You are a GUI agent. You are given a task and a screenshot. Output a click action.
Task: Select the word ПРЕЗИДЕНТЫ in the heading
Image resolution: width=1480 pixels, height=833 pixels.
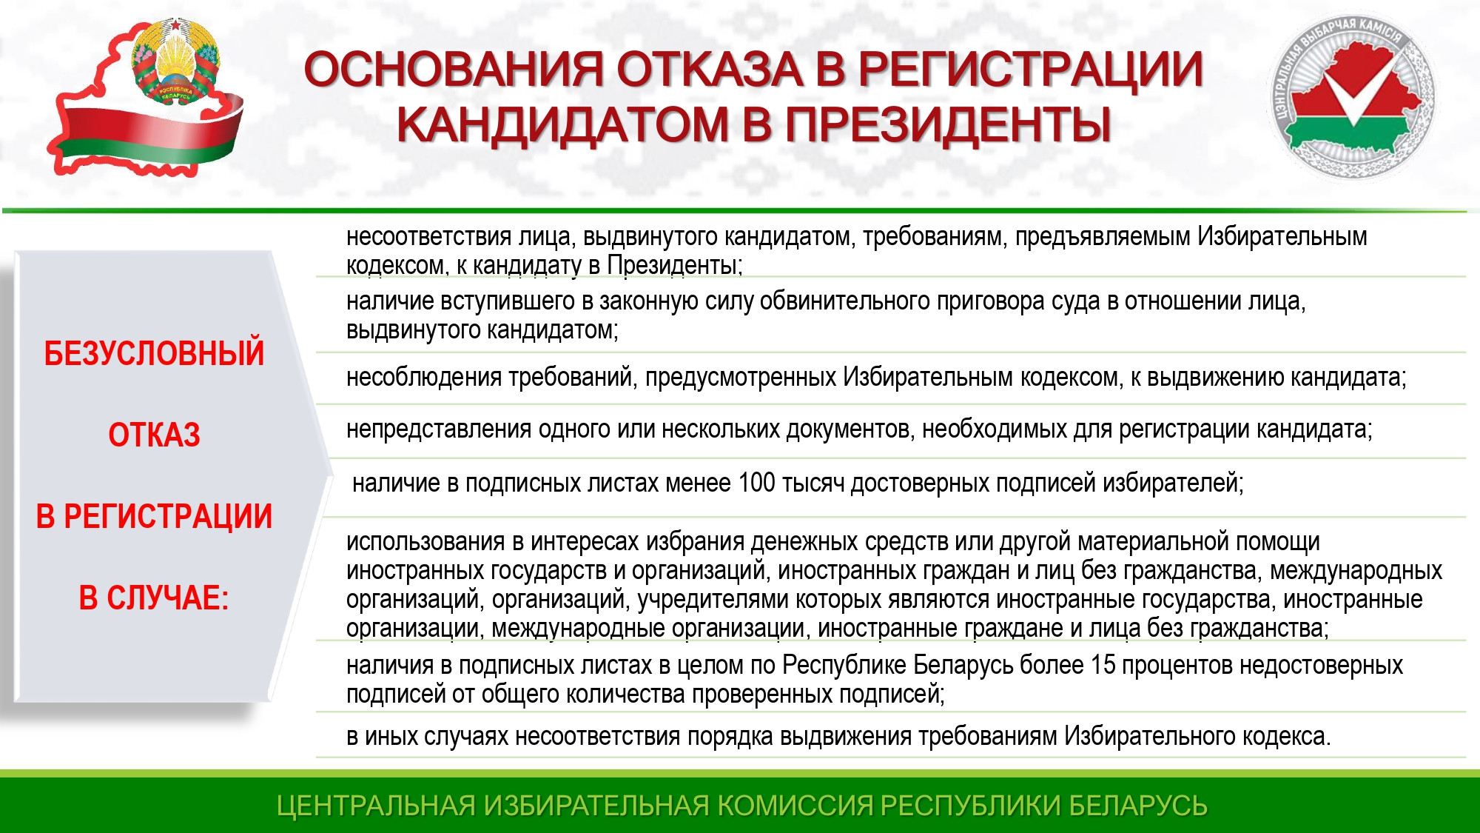(948, 124)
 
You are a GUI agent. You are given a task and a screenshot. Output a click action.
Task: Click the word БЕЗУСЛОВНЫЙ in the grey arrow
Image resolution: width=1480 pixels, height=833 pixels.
(154, 353)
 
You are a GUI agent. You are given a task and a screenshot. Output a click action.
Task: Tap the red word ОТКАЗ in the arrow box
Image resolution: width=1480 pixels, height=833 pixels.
(154, 435)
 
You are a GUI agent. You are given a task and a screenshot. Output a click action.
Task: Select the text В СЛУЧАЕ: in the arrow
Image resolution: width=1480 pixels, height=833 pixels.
(154, 598)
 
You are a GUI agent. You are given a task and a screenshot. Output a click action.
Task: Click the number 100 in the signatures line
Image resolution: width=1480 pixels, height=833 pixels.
(756, 483)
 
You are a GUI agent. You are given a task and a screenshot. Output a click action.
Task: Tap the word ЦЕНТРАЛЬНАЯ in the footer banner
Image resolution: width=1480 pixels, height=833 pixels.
(376, 805)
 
